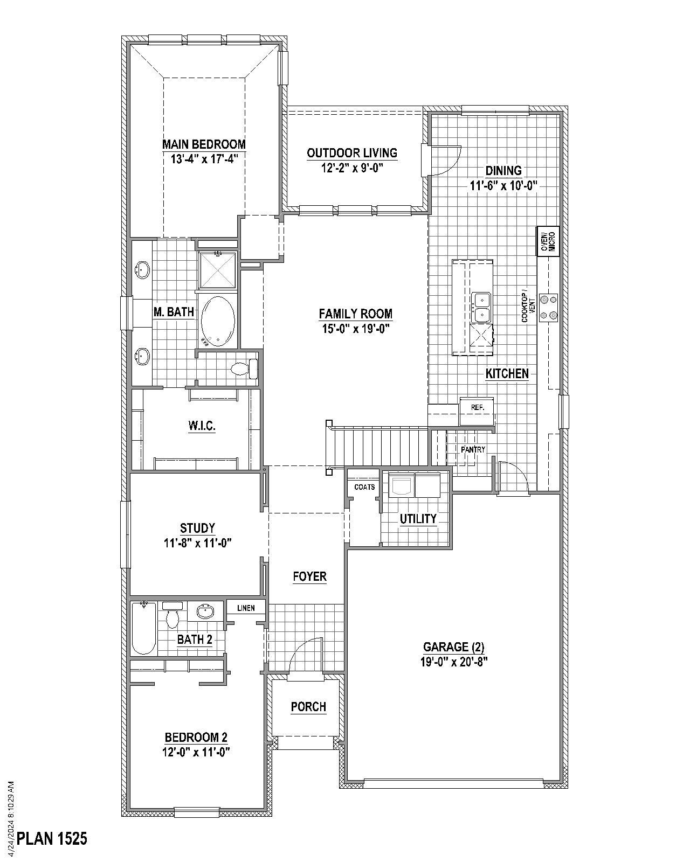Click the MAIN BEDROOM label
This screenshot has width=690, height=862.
204,144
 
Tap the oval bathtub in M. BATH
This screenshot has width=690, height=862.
218,321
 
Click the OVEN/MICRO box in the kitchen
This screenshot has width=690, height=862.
547,241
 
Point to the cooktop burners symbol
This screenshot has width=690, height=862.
549,307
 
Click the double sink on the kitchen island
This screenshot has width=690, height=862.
480,307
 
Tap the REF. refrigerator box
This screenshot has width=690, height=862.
477,408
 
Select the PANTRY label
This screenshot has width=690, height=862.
473,449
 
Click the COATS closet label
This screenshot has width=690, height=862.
364,487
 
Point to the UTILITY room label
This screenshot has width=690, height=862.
418,519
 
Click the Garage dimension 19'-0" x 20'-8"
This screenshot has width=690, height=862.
454,662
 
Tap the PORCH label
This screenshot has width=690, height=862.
308,707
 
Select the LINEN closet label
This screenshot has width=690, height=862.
246,608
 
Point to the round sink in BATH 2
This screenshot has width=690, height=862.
205,611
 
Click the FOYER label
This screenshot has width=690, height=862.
310,577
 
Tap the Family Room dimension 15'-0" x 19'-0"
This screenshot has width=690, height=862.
355,328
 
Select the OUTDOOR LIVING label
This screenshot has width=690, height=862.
352,153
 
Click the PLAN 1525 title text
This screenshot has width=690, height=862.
52,839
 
